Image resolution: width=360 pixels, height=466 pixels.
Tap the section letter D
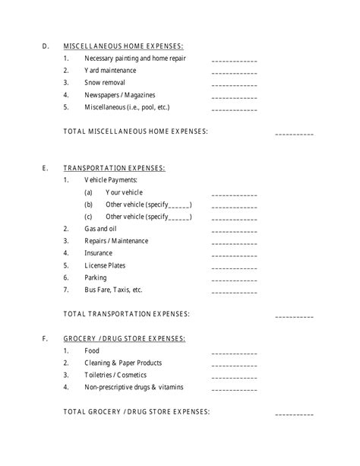click(46, 46)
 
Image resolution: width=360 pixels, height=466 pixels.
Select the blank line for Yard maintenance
click(234, 73)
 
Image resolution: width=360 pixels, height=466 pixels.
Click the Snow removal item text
click(105, 83)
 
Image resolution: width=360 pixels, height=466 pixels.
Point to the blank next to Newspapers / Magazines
click(234, 97)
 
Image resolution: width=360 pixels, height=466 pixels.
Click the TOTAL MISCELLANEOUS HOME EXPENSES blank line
click(294, 134)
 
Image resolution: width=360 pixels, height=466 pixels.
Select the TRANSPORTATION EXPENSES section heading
click(114, 168)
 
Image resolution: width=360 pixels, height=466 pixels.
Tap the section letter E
click(46, 168)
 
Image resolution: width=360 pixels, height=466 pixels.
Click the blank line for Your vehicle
click(234, 195)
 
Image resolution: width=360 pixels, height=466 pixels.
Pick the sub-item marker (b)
click(89, 204)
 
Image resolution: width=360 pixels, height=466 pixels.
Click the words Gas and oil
click(100, 229)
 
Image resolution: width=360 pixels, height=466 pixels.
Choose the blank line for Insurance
click(234, 255)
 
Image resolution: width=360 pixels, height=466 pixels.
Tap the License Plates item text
click(105, 265)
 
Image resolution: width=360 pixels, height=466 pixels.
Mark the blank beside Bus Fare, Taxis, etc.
click(234, 292)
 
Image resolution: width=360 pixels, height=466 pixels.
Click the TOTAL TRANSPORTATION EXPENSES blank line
click(294, 315)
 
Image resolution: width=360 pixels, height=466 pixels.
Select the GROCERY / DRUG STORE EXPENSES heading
click(125, 338)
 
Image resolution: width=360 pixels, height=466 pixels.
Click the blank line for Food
click(234, 353)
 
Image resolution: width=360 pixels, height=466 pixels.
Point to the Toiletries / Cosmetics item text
click(115, 375)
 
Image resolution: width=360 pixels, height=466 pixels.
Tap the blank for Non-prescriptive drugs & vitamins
click(234, 389)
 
